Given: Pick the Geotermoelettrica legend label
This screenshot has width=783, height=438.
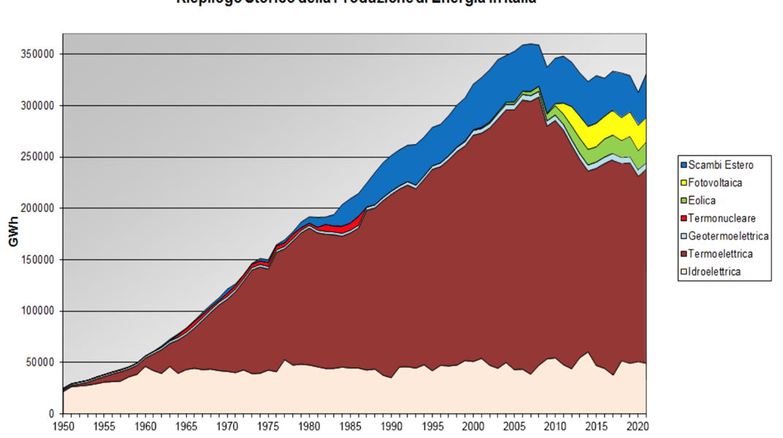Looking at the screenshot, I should [728, 236].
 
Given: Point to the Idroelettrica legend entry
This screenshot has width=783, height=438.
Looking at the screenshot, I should [715, 272].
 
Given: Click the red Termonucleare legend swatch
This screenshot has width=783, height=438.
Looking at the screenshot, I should [683, 218].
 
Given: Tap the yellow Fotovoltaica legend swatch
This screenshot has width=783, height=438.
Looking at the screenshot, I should [683, 182].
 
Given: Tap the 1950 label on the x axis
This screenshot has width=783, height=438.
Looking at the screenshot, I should [63, 425].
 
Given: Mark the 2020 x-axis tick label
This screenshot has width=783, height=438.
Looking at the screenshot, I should [638, 425].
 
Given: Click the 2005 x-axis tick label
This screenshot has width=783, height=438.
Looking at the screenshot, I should [515, 425].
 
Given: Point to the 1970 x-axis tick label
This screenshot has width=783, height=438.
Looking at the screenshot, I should [229, 425].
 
